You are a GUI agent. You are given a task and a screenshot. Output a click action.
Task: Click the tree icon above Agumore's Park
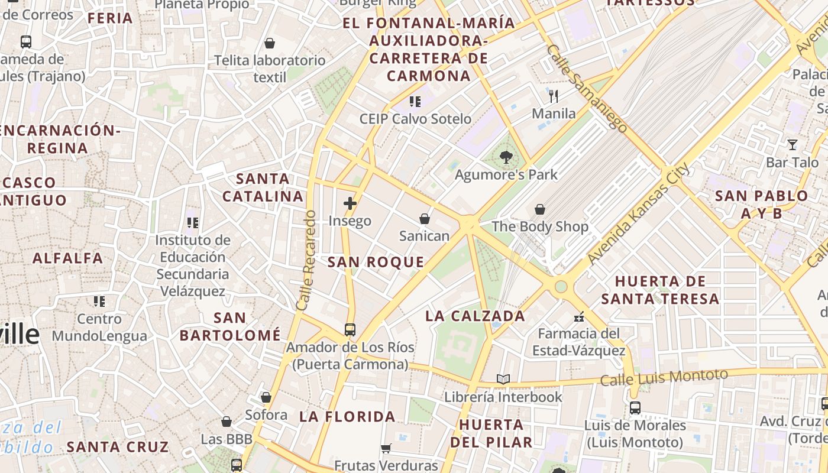click(506, 157)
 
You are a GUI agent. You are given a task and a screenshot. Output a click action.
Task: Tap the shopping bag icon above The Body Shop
click(539, 209)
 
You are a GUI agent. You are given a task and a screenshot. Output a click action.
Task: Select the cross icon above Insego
click(350, 203)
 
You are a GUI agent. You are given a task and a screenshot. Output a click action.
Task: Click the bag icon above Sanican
click(424, 219)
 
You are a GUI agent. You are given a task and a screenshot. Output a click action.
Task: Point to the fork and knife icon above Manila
click(554, 96)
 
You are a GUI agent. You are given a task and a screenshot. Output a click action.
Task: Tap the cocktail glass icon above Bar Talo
click(792, 144)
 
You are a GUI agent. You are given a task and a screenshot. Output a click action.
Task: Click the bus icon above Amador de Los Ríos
click(350, 329)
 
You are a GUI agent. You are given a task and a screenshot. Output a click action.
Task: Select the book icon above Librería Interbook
click(503, 379)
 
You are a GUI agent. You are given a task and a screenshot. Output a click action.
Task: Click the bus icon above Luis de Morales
click(635, 407)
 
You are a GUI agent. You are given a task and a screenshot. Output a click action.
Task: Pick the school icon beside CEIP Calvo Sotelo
click(415, 102)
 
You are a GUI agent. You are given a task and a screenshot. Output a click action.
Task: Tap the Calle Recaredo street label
click(306, 260)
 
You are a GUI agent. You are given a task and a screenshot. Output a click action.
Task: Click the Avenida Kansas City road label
click(639, 214)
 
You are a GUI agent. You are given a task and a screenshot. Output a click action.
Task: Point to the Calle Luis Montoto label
click(664, 377)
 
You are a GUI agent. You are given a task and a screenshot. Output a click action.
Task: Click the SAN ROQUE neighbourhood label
click(376, 263)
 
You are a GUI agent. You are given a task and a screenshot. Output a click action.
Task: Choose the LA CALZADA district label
click(476, 316)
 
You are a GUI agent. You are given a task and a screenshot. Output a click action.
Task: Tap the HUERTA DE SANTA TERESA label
click(660, 290)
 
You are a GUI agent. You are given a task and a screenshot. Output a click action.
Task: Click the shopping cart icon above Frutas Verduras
click(386, 448)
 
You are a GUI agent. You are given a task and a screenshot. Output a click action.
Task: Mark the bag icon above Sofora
click(266, 397)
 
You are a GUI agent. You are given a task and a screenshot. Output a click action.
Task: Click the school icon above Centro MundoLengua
click(99, 302)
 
